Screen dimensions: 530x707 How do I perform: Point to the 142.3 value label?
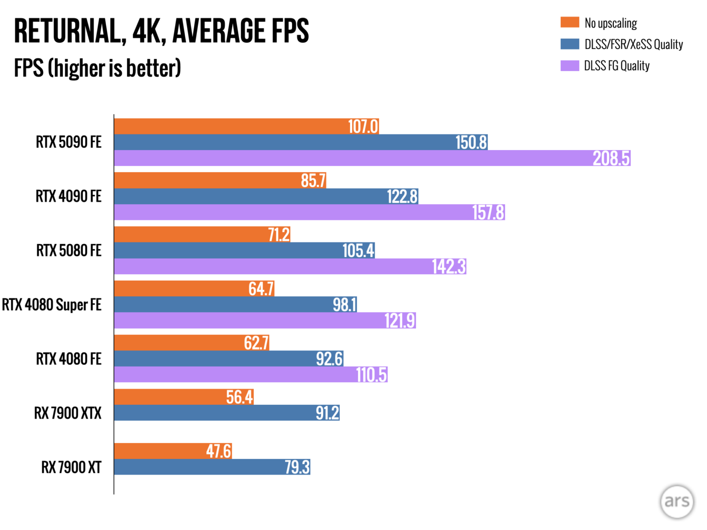click(449, 266)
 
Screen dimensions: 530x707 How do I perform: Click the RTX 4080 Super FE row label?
click(52, 305)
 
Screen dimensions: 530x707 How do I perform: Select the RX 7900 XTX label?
click(68, 413)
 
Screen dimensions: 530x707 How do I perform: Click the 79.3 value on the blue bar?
click(297, 467)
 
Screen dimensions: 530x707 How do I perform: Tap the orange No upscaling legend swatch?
click(570, 23)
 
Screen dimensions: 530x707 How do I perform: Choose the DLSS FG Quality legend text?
click(617, 66)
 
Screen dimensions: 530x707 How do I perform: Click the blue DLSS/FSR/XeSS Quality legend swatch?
click(570, 44)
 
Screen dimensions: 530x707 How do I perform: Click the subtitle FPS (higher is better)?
click(97, 68)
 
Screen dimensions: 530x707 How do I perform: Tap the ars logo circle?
click(677, 502)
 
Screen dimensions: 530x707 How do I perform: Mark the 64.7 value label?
click(261, 289)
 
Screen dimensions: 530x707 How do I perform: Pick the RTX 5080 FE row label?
click(69, 251)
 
